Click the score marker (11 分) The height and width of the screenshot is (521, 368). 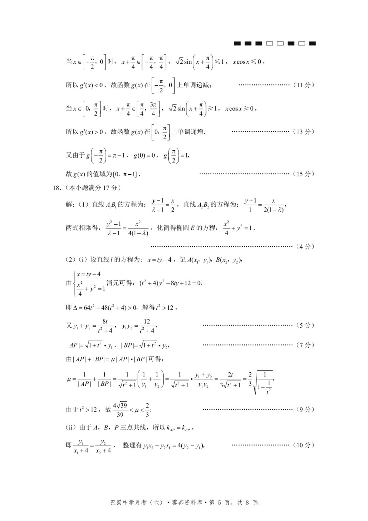tap(303, 85)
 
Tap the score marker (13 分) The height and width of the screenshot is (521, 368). tap(303, 132)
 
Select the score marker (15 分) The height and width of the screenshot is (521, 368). tap(303, 174)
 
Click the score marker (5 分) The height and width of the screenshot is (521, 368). tap(305, 325)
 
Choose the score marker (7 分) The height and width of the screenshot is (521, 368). tap(305, 345)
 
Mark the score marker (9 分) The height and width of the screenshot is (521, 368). tap(305, 410)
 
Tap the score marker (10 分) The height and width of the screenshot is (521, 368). tap(303, 445)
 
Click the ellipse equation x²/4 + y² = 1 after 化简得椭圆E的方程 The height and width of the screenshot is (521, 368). tap(239, 228)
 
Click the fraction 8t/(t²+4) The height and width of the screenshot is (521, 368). tap(105, 326)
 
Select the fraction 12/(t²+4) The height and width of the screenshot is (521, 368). tap(147, 326)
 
